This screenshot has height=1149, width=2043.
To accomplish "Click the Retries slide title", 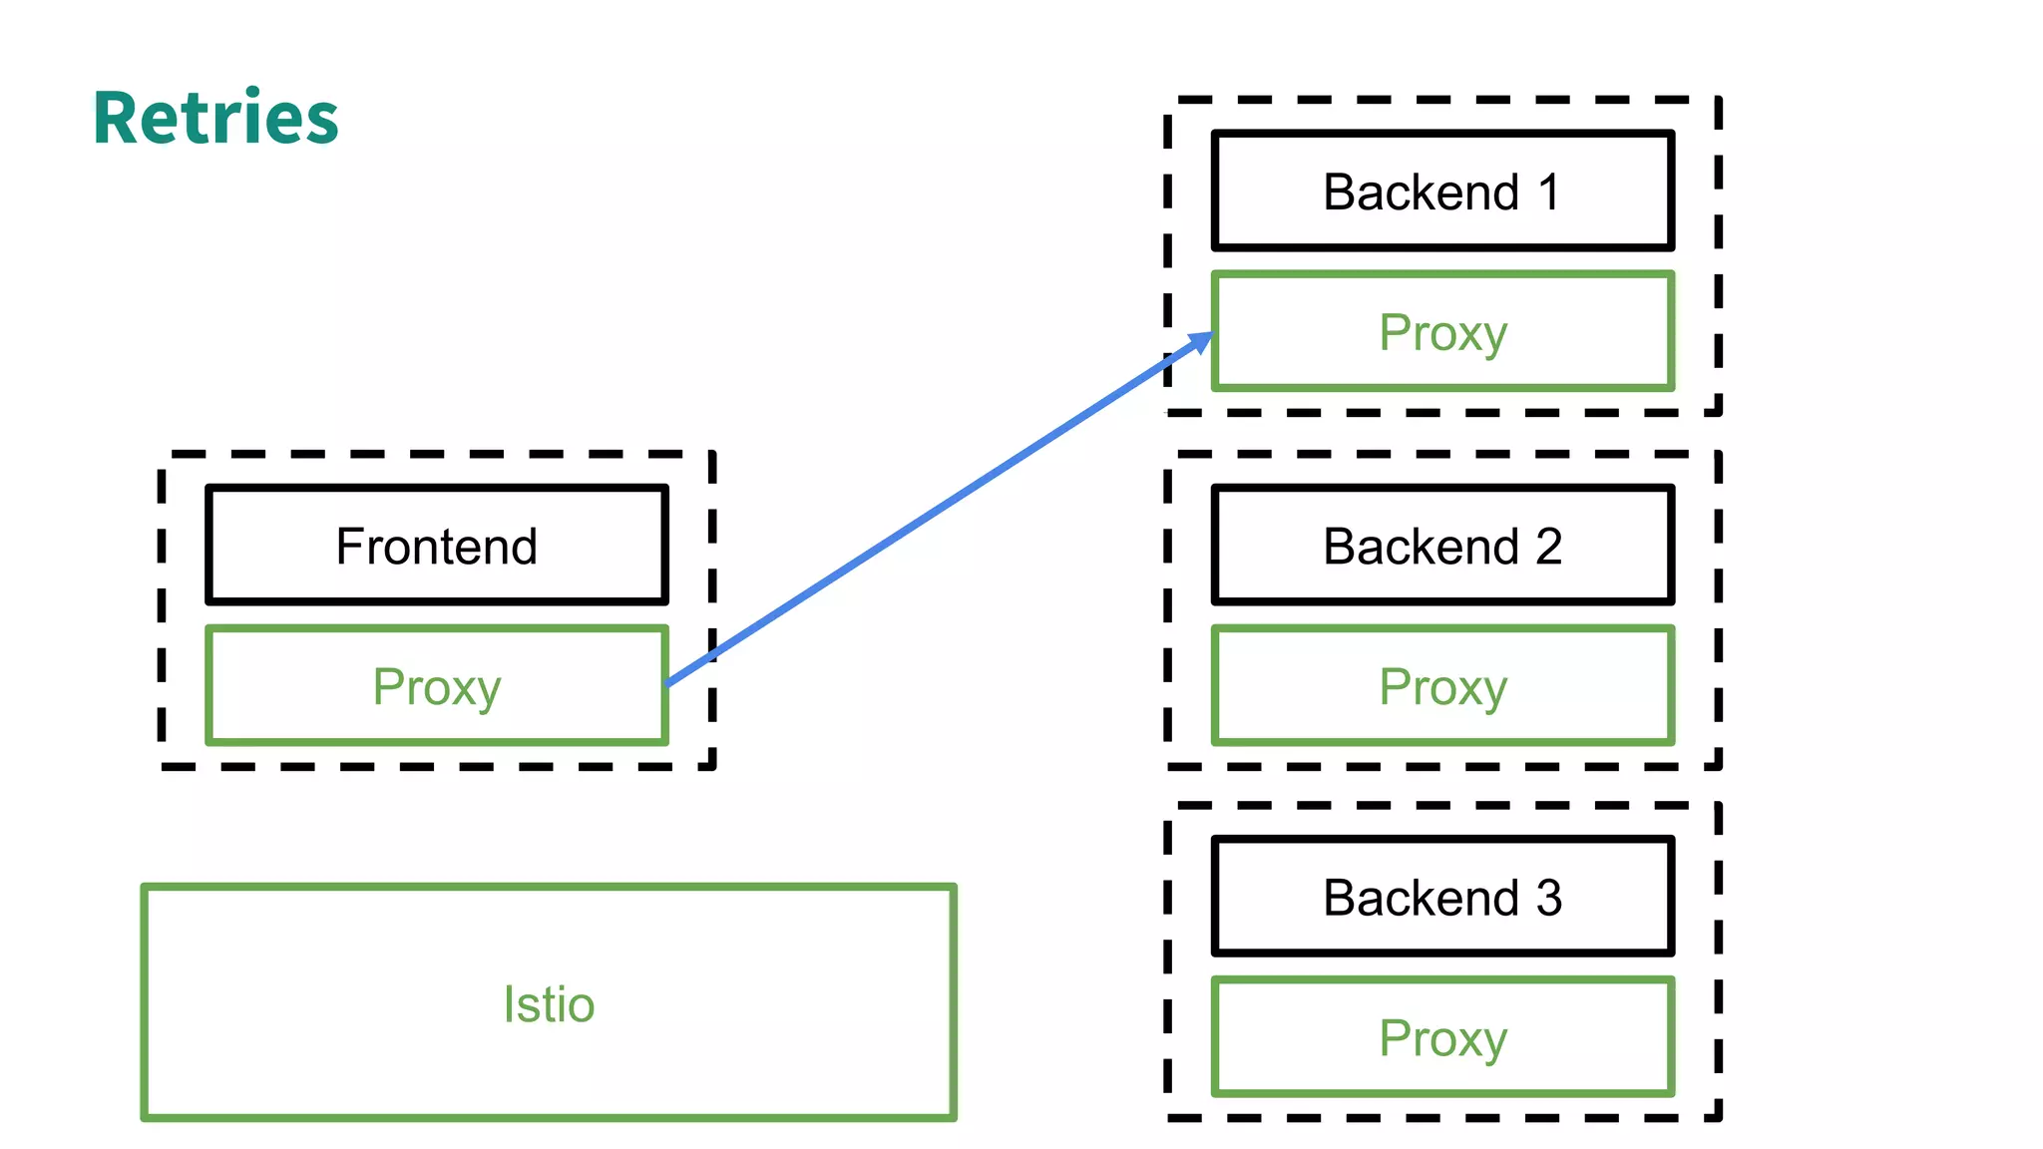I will point(215,118).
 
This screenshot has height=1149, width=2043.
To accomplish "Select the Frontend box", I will point(437,545).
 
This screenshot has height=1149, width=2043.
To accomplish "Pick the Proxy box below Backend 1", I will point(1442,332).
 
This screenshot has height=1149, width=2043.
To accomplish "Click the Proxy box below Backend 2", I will point(1442,686).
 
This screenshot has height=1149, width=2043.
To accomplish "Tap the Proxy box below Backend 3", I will point(1442,1037).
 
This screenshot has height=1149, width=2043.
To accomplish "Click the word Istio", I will point(549,1003).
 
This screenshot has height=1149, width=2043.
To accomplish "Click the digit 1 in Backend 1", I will point(1549,191).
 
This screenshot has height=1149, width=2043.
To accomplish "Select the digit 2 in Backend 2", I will point(1548,547).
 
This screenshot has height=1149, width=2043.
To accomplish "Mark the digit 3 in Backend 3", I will point(1548,898).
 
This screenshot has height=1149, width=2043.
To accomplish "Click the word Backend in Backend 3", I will point(1421,898).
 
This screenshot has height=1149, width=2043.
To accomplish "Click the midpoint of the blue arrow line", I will point(938,511).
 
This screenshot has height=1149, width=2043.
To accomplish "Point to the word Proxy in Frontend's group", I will point(437,688).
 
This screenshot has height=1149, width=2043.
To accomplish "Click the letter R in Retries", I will point(118,118).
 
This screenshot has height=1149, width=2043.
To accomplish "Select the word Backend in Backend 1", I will point(1421,191).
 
